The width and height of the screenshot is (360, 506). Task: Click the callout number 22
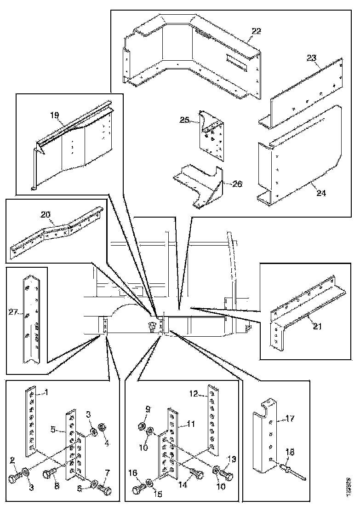(x=256, y=31)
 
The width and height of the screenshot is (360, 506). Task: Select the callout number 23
(x=312, y=58)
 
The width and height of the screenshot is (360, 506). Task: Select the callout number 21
(x=317, y=327)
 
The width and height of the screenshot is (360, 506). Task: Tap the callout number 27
(x=12, y=312)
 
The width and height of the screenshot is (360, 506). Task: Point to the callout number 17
(x=290, y=419)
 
